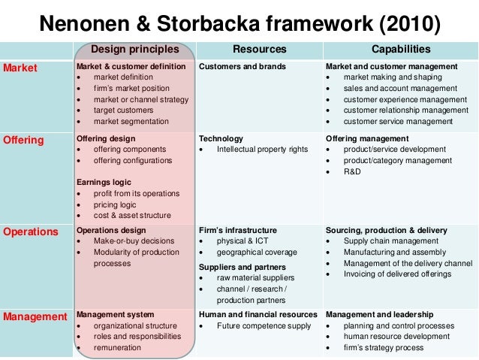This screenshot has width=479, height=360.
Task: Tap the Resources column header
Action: pos(259,50)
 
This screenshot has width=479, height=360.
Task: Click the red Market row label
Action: pos(20,68)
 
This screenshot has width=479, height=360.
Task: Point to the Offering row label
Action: pos(24,140)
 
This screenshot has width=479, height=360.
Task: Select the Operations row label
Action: pos(30,231)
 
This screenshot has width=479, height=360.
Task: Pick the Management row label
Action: pos(35,316)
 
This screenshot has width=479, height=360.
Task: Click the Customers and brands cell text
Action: pos(242,67)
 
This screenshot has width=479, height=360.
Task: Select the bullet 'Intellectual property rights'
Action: pos(262,150)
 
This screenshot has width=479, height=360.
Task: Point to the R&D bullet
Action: pos(354,171)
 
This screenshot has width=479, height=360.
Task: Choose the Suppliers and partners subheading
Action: pos(242,267)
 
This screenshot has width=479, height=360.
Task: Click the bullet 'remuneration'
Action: pos(118,348)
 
